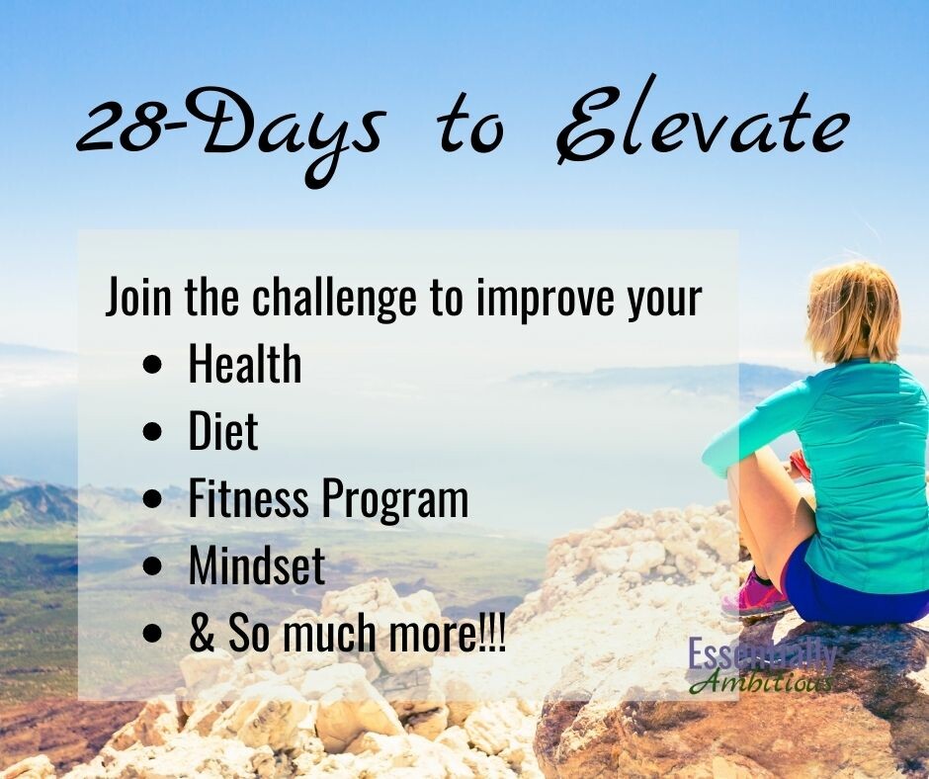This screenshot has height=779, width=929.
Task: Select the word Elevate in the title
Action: click(x=702, y=122)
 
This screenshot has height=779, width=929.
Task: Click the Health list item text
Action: click(x=245, y=364)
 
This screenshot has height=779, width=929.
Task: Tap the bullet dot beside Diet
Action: click(x=152, y=432)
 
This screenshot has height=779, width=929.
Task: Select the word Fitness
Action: click(x=249, y=498)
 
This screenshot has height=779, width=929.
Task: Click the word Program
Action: click(x=394, y=501)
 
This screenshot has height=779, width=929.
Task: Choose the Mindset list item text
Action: click(x=257, y=565)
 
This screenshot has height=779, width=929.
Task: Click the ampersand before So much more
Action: click(x=202, y=633)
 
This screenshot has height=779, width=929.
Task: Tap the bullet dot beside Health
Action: click(x=152, y=365)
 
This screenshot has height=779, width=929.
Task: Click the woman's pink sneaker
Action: click(x=755, y=594)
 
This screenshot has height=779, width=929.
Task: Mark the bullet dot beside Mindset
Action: click(x=152, y=566)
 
